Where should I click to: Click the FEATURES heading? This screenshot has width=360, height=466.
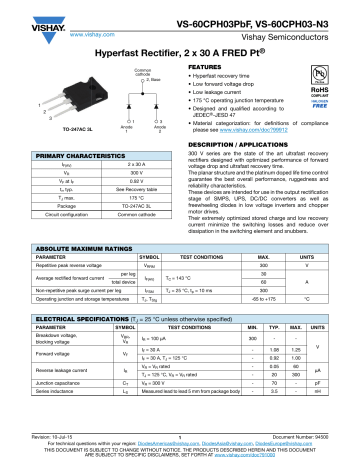pos(209,66)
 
